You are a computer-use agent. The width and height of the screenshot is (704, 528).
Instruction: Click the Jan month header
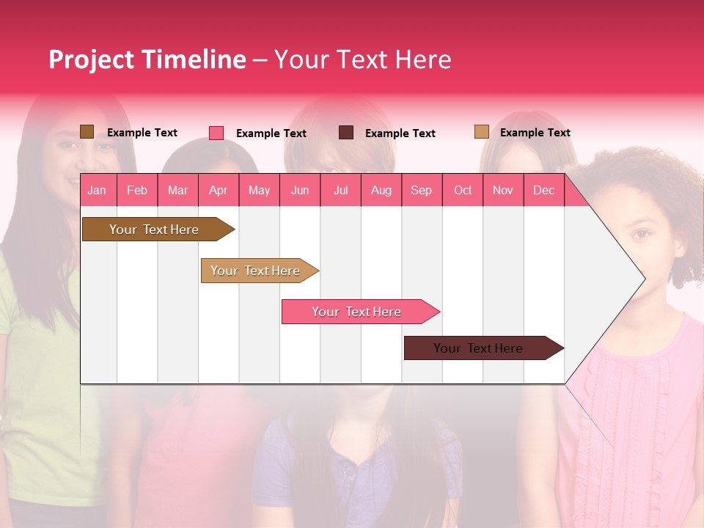97,190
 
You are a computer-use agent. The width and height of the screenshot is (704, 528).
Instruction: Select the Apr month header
218,190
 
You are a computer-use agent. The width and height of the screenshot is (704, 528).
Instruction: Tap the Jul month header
340,190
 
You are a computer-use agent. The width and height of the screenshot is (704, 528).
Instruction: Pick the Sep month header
421,190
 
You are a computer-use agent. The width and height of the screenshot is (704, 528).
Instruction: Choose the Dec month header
543,190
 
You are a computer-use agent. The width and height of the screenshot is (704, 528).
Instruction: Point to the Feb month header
137,190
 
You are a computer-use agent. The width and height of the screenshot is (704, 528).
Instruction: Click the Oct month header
463,190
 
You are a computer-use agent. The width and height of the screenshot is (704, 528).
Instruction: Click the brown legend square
87,132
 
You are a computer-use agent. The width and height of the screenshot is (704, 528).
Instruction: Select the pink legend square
216,133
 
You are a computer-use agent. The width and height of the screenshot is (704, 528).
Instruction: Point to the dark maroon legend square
346,133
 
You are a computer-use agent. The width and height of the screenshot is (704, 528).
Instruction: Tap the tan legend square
482,132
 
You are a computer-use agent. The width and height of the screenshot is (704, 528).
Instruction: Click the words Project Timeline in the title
147,59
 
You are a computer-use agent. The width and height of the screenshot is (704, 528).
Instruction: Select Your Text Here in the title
363,59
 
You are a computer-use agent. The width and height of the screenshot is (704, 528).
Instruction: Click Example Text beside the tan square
535,133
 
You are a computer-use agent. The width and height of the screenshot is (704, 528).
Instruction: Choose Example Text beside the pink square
271,133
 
